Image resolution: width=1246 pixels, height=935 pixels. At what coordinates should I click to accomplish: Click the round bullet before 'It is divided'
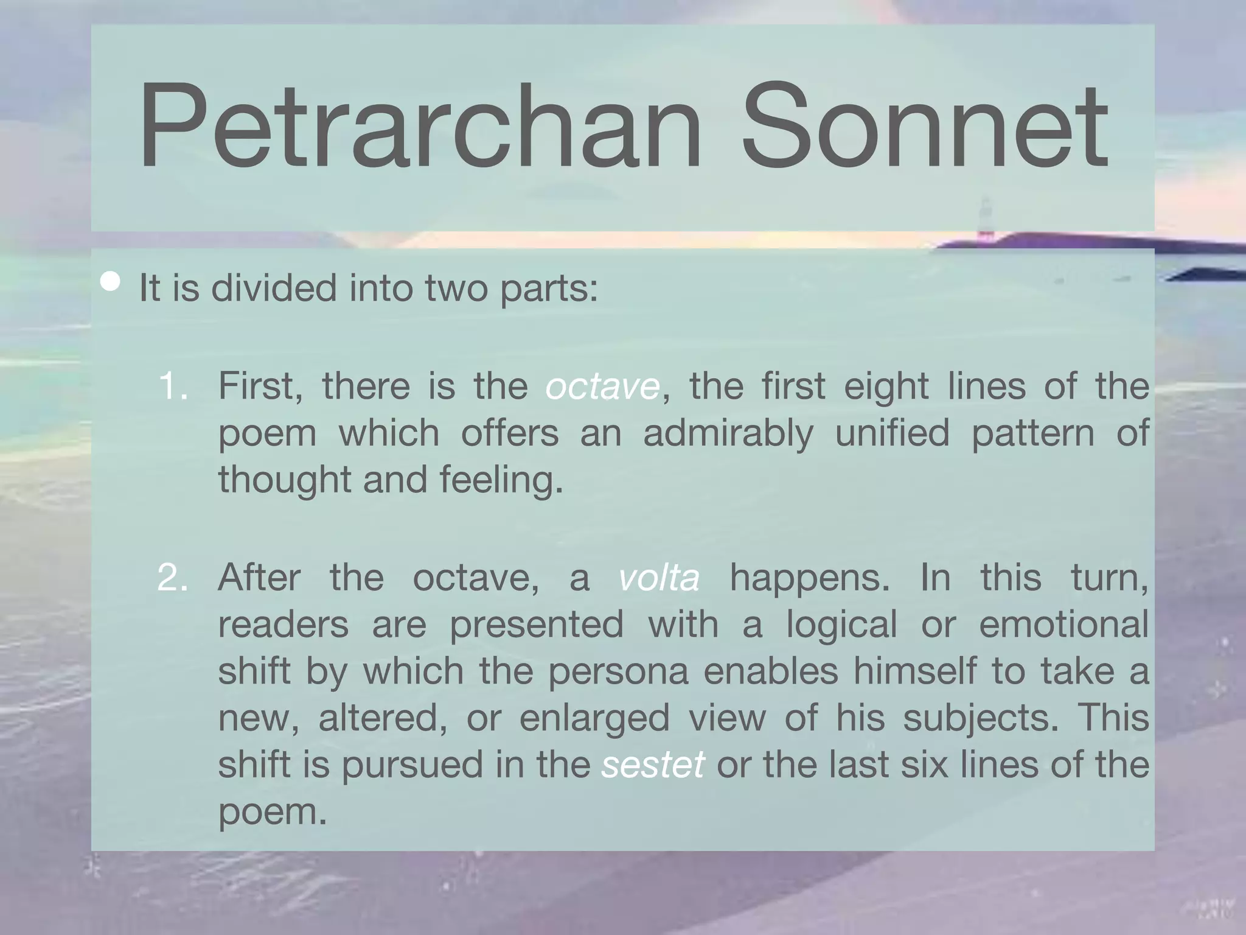(111, 282)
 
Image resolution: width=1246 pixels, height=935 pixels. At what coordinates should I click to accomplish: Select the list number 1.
(172, 386)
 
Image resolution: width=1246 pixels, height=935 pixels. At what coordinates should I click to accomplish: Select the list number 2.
(172, 577)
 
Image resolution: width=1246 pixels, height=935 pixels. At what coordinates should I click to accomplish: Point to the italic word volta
(659, 577)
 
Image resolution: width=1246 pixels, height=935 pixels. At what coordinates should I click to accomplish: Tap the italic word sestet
(653, 765)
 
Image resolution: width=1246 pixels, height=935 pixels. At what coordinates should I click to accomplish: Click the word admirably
(728, 433)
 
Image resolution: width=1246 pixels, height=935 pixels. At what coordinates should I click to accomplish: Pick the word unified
(892, 433)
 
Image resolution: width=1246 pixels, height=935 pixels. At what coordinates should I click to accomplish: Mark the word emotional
(1063, 625)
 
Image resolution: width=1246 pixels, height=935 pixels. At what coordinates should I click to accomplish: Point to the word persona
(618, 671)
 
